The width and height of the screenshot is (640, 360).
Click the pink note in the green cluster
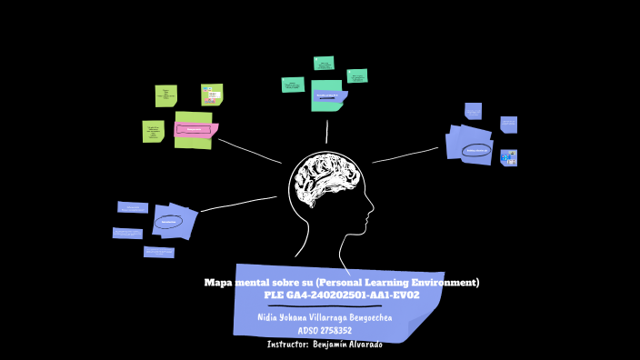(x=195, y=129)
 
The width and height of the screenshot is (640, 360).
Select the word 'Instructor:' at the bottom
(x=288, y=345)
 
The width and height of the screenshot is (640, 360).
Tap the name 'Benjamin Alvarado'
(x=348, y=345)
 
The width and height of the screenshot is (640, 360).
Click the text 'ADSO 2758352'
(x=325, y=331)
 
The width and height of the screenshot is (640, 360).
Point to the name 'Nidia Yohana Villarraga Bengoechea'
(x=325, y=317)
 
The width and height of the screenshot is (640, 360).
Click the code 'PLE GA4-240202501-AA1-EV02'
(x=341, y=295)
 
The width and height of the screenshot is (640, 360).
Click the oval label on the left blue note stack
(x=168, y=221)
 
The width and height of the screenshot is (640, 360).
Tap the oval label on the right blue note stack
(x=476, y=151)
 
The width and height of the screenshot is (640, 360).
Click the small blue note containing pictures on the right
(x=508, y=157)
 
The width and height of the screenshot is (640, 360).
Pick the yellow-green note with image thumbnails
(x=212, y=95)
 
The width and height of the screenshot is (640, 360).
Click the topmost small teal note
(x=324, y=63)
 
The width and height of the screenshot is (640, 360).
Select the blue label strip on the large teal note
(x=328, y=95)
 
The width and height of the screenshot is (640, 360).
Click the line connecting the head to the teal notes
(x=326, y=132)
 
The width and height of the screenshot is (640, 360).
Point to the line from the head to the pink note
(x=250, y=151)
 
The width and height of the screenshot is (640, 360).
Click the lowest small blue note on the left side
(x=158, y=252)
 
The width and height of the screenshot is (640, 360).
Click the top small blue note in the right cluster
(x=473, y=111)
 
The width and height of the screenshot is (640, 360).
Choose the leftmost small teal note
(x=293, y=85)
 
